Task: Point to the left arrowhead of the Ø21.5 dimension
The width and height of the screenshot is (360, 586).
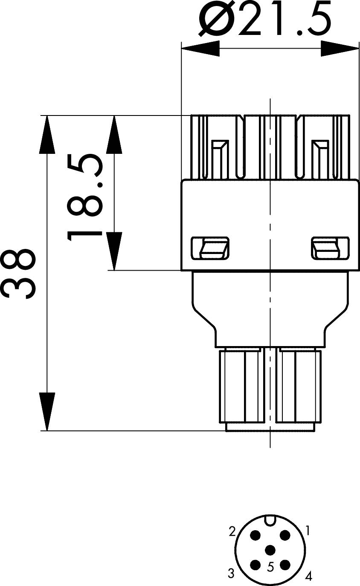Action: [x=200, y=48]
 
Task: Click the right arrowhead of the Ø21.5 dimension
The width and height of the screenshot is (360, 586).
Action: [x=340, y=48]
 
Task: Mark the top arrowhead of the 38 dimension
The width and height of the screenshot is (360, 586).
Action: [x=47, y=134]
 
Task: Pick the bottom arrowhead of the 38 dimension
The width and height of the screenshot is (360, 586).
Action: [x=47, y=411]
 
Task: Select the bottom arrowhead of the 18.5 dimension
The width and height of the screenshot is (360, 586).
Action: [x=114, y=251]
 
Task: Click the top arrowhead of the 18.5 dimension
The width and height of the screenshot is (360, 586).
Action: [x=114, y=134]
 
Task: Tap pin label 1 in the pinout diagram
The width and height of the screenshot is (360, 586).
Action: [x=308, y=531]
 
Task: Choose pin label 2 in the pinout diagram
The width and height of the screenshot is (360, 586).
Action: [x=232, y=531]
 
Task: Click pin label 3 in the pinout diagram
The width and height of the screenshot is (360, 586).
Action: [x=231, y=573]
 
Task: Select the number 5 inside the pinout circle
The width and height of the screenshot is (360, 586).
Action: [x=270, y=567]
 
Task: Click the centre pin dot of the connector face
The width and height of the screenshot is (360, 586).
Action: [x=270, y=550]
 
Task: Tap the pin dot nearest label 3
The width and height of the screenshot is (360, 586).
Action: [x=255, y=565]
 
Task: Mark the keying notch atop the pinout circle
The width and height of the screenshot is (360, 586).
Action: [x=270, y=520]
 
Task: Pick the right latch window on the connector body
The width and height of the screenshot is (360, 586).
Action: [x=326, y=248]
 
